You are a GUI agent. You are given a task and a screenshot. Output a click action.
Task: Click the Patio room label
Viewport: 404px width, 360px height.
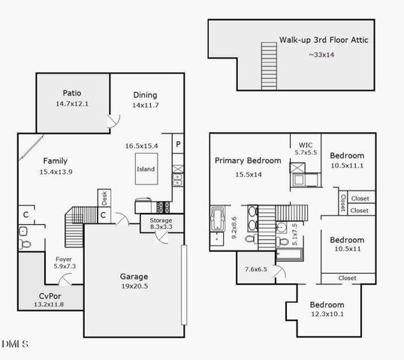coord(73,93)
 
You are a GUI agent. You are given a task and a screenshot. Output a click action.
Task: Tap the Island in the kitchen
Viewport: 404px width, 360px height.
coord(146,169)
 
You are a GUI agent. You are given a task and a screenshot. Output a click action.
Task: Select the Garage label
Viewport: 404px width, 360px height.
coord(134,276)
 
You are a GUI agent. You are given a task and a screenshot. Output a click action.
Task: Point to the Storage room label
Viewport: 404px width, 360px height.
coord(161,220)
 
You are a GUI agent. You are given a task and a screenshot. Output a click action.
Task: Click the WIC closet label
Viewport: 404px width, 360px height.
coord(305,145)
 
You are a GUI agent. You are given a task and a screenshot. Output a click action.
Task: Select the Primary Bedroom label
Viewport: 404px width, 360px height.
coord(248,160)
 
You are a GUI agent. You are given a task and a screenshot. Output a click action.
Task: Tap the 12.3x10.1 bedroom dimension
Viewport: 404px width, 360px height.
coord(327,315)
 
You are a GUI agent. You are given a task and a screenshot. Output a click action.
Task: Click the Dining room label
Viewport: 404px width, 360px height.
coord(145,95)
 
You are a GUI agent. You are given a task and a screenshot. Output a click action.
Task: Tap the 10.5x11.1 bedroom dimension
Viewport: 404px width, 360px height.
coord(347,166)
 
